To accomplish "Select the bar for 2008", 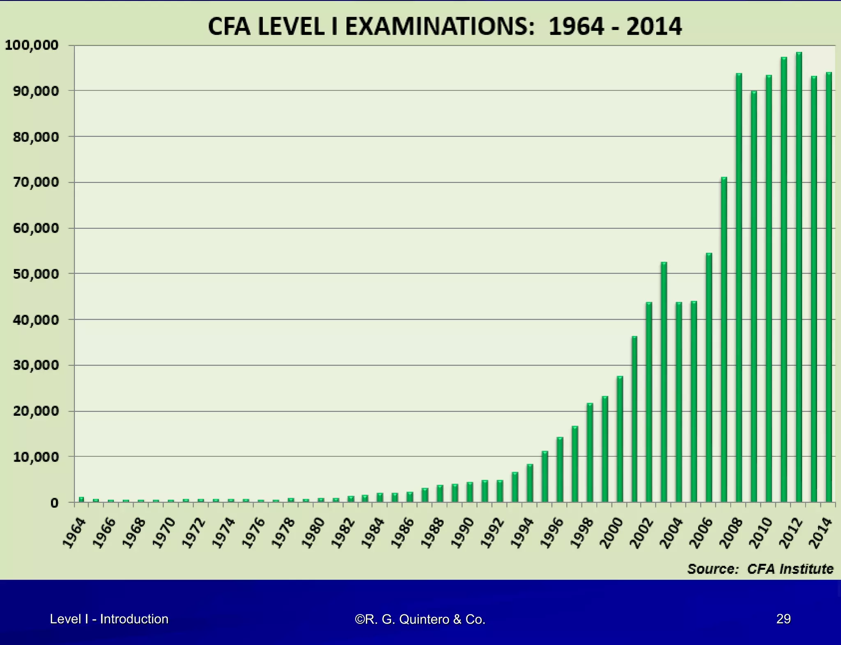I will tap(739, 288).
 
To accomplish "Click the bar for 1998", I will tap(590, 452).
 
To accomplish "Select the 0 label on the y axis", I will tap(54, 503).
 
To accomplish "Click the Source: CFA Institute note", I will tap(760, 569).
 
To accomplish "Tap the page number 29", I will tap(783, 619).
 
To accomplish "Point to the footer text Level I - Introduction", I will tap(109, 619).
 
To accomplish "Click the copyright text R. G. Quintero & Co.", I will tap(420, 619).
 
